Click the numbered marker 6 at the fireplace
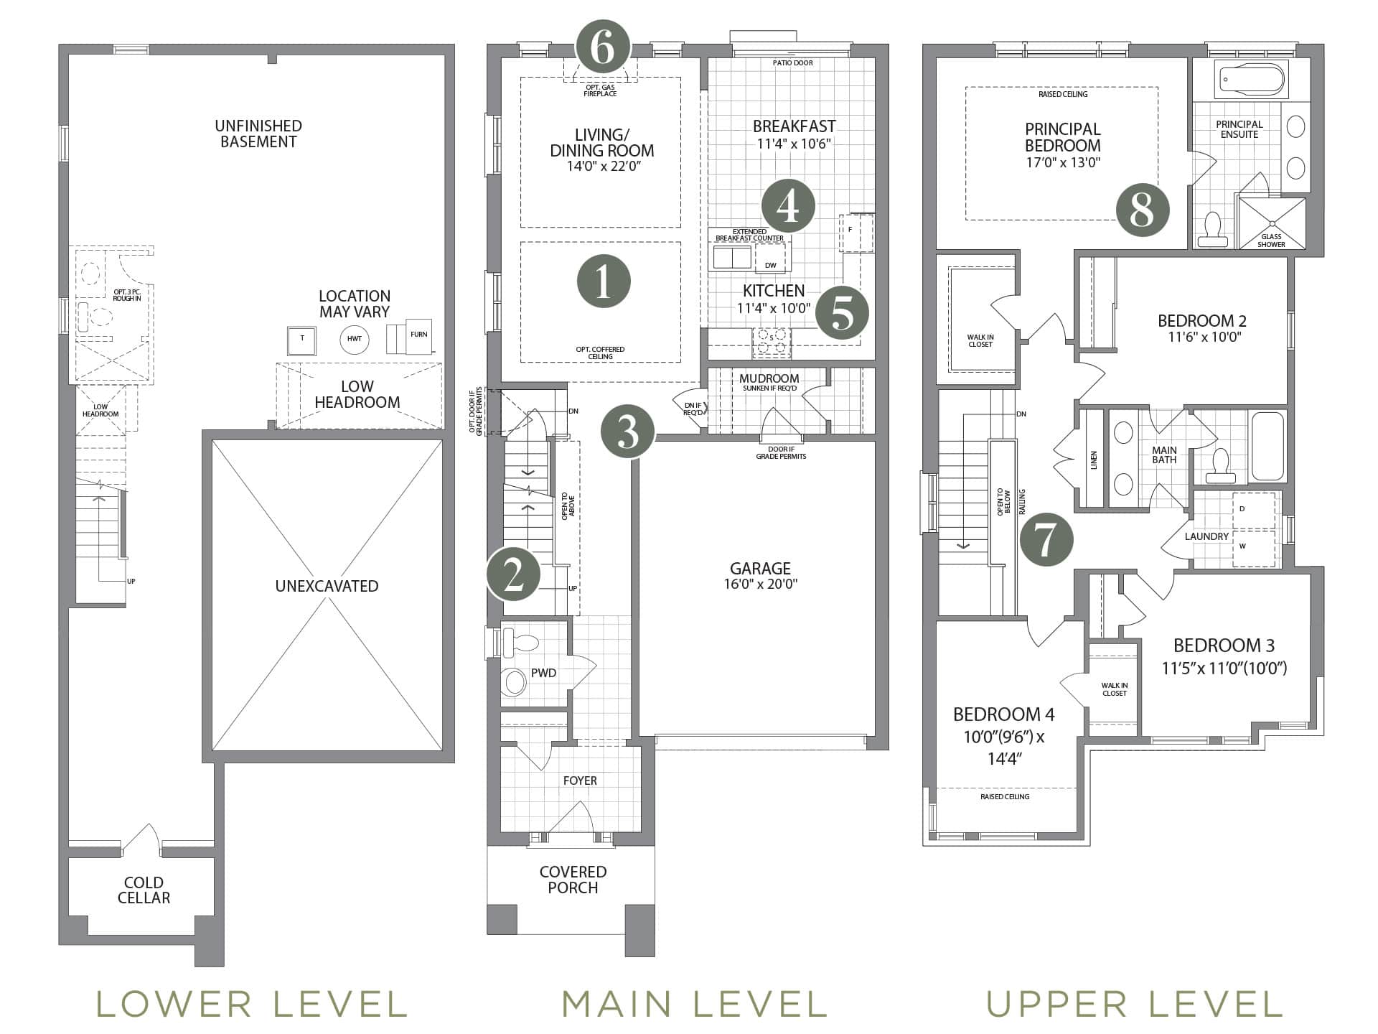pos(603,47)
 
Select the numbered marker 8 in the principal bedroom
pos(1142,210)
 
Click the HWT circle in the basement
pos(355,339)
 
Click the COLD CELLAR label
pos(144,890)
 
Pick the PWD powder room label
pos(543,674)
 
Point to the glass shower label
pos(1271,241)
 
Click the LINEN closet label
pos(1094,460)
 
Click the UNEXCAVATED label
pos(327,586)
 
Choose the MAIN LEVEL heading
pos(694,1004)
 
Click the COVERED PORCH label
pos(573,880)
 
